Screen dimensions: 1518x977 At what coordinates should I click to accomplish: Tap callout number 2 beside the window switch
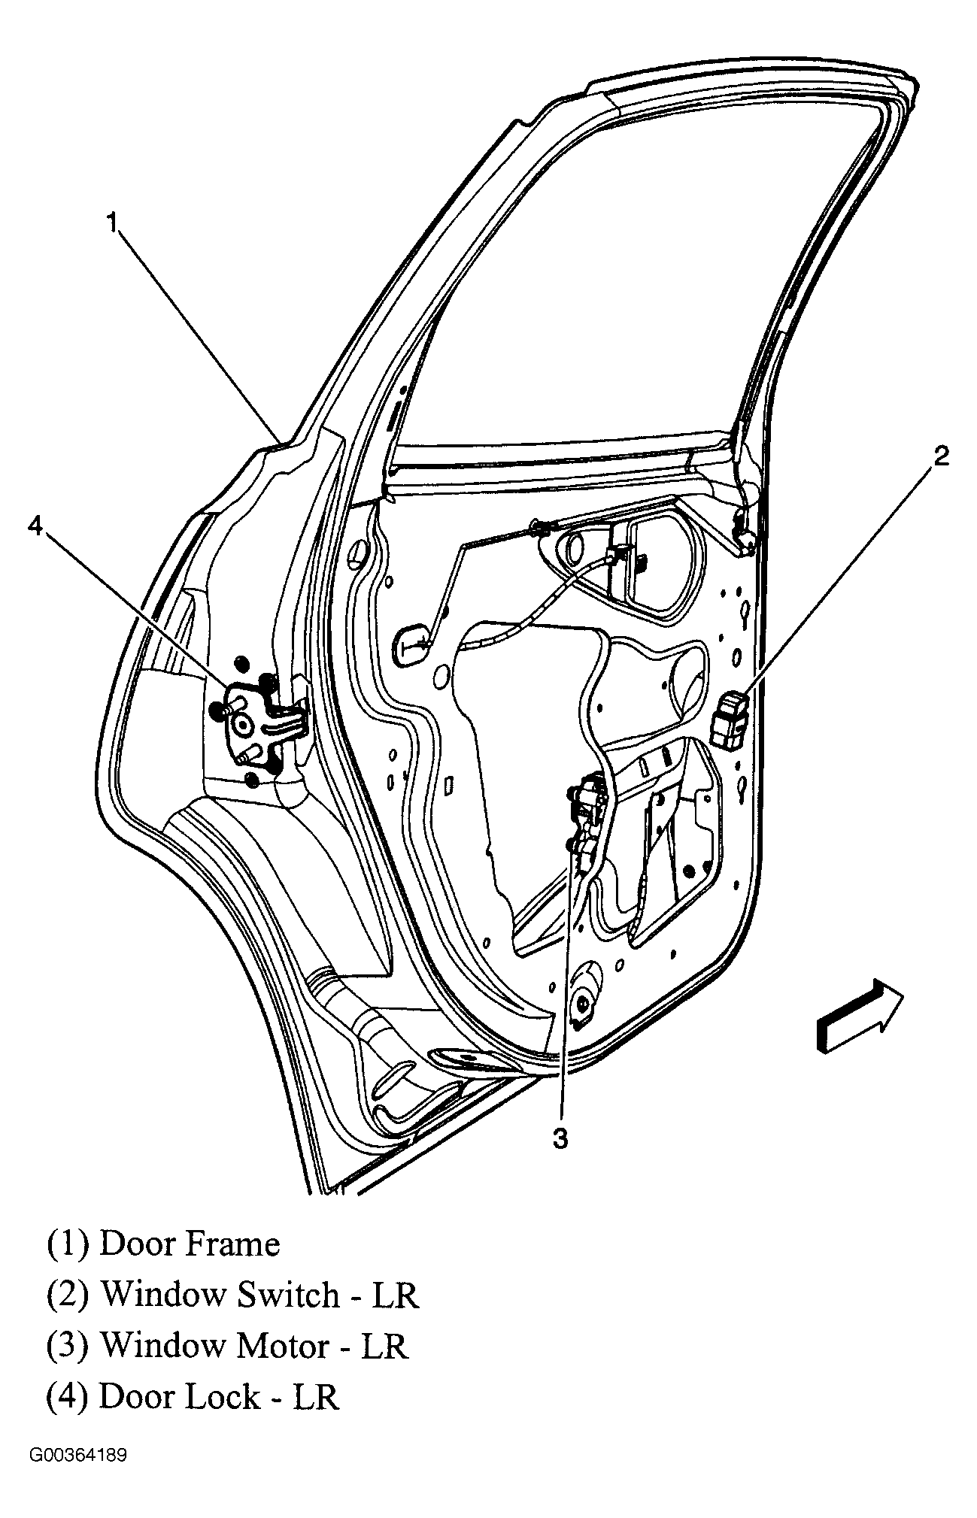[x=941, y=456]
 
